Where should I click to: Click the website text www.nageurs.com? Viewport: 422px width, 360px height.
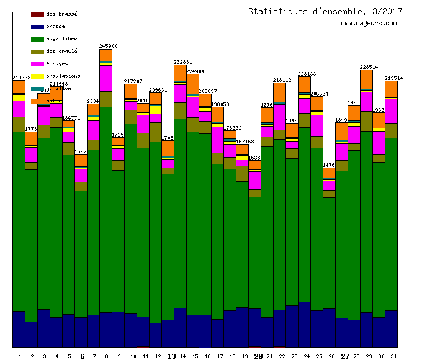point(369,24)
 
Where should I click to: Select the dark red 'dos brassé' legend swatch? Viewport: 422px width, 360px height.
point(37,14)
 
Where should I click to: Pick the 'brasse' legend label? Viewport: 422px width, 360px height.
point(55,26)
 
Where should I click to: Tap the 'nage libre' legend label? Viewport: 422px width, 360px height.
point(61,38)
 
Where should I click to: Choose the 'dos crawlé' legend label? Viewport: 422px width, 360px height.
point(61,51)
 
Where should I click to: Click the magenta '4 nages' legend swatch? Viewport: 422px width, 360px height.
point(37,63)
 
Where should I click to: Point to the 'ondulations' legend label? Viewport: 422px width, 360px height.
point(63,76)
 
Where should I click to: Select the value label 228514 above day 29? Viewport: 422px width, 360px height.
point(369,67)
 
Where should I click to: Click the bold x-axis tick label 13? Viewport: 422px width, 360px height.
point(172,356)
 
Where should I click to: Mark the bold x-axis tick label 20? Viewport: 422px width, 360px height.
point(258,356)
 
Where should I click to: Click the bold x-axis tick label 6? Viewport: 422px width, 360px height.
point(83,356)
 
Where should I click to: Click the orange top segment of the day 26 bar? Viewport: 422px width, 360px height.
point(329,173)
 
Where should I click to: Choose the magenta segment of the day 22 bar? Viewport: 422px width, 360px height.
point(279,117)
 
